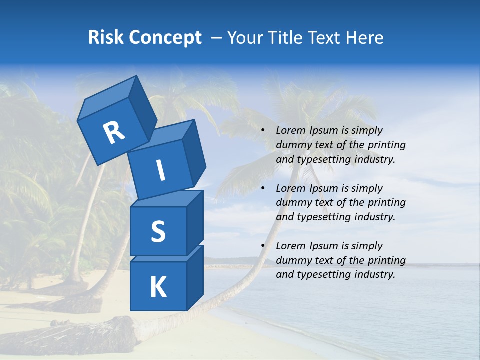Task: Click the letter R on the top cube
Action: [x=114, y=133]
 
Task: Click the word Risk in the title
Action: [x=105, y=38]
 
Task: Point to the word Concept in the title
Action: [x=165, y=38]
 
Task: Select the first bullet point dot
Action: [x=263, y=131]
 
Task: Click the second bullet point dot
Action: [x=263, y=189]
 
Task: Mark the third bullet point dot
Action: [x=263, y=246]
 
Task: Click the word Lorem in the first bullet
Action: [x=290, y=131]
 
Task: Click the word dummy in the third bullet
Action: [x=292, y=260]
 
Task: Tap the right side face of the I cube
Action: [x=194, y=153]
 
